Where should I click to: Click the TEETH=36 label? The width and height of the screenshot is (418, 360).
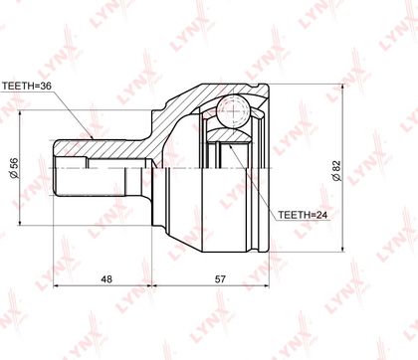(x=27, y=87)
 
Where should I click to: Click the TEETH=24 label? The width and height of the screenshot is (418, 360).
(x=303, y=215)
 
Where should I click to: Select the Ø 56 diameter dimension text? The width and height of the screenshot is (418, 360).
(x=15, y=168)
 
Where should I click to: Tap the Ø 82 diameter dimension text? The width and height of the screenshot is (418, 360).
(x=336, y=170)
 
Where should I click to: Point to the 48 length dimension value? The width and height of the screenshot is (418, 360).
(x=106, y=279)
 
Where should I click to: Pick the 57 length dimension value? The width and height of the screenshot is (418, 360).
(x=220, y=279)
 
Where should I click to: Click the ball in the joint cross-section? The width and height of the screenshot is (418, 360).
(x=232, y=111)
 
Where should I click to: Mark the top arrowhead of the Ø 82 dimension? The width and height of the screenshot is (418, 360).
(x=342, y=88)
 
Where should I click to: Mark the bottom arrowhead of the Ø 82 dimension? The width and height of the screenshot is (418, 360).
(x=342, y=249)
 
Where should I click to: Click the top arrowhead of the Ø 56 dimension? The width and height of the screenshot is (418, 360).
(x=21, y=113)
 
